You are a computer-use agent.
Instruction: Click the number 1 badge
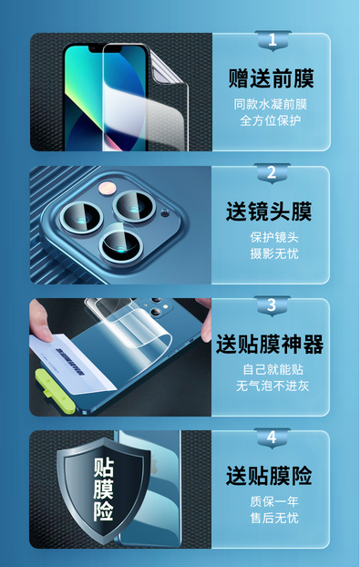coord(273,40)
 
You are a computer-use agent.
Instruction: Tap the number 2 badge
coord(272,173)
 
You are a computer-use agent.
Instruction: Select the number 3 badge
coord(272,305)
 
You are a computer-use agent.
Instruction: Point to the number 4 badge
coord(272,438)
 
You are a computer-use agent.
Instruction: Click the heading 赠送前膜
coord(271,78)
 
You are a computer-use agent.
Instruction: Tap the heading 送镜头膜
coord(269,211)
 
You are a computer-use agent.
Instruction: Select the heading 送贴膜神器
coord(270,344)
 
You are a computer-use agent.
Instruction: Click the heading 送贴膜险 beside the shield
coord(269,476)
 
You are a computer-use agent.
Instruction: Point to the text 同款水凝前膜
coord(271,104)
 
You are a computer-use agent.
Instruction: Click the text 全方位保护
coord(271,120)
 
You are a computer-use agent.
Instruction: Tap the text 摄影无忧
coord(274,253)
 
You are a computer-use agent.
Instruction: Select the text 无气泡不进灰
coord(273,386)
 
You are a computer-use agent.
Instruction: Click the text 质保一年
coord(274,501)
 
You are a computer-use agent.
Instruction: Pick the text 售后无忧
coord(274,518)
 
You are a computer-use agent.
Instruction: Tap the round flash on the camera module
coord(105,188)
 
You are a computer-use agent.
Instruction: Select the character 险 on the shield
coord(103,511)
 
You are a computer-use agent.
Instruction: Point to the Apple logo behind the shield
coord(155,464)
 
